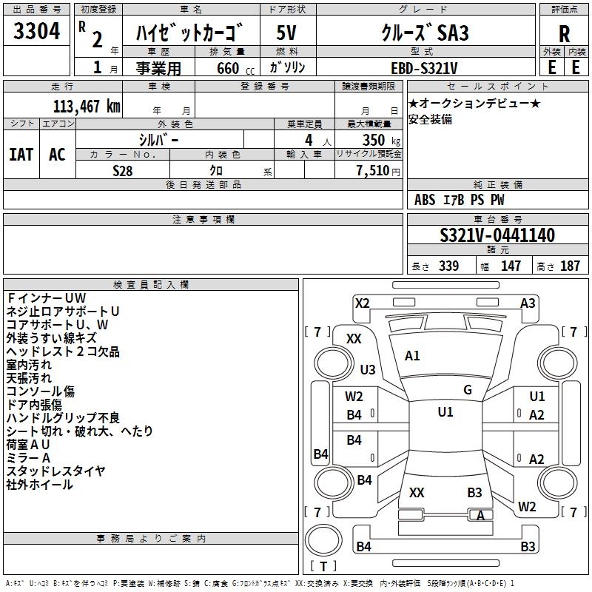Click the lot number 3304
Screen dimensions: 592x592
tap(36, 30)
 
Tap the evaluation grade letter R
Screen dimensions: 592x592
tap(564, 34)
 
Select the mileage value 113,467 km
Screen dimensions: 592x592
tap(87, 107)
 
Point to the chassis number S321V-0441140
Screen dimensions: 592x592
tap(497, 235)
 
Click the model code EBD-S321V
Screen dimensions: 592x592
tap(424, 68)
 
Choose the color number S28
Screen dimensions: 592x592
tap(123, 171)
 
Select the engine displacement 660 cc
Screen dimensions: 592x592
tap(235, 68)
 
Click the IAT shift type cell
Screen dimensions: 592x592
tap(21, 154)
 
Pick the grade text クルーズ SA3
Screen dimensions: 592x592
tap(425, 33)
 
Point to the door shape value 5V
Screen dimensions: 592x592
tap(286, 33)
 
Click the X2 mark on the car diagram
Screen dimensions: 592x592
tap(362, 303)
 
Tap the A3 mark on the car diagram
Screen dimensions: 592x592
tap(528, 303)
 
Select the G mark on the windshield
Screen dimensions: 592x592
tap(468, 390)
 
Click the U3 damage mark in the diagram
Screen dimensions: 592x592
tap(368, 369)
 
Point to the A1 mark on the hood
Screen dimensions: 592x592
tap(412, 356)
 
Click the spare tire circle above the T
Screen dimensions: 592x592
tap(323, 540)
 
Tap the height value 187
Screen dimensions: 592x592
tap(570, 266)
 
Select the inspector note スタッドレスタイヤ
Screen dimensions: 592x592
tap(55, 471)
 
